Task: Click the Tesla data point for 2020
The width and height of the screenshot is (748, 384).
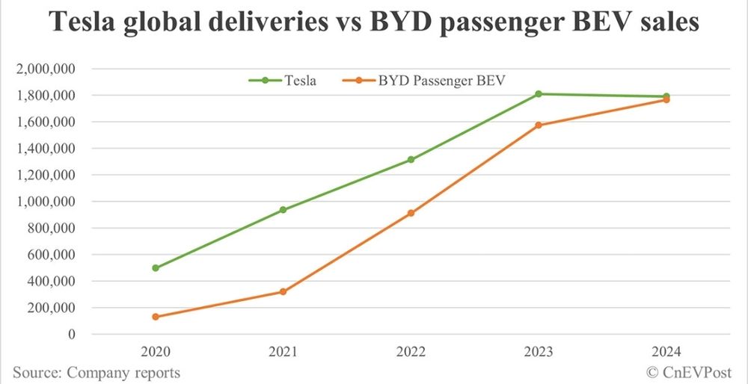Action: coord(155,267)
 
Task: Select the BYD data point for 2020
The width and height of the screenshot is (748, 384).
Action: coord(155,317)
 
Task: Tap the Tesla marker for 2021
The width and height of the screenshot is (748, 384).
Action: coord(283,210)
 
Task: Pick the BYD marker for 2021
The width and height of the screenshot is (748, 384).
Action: coord(283,291)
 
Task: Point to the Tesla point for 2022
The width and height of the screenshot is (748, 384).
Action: coord(411,160)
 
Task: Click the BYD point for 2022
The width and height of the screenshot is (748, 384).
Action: coord(411,213)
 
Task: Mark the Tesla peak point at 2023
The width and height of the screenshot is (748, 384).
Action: coord(539,94)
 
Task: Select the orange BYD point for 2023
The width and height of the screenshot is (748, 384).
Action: coord(539,125)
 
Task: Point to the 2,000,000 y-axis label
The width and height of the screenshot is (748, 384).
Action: coord(47,69)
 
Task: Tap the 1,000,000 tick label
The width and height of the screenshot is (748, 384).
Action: coord(47,202)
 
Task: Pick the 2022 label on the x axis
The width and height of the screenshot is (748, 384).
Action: coord(411,351)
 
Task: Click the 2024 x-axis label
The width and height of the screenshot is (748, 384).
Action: coord(666,351)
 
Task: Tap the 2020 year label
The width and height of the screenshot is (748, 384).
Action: coord(155,351)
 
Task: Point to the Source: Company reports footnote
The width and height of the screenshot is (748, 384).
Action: coord(96,372)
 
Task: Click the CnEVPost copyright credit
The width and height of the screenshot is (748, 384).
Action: coord(678,372)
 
